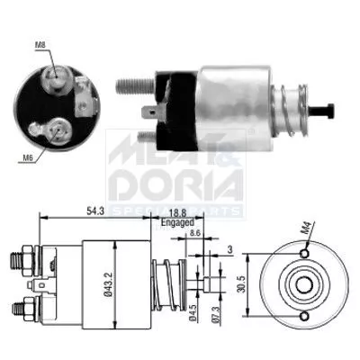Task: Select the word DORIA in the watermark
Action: pos(175,184)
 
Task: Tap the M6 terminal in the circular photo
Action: pos(59,130)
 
